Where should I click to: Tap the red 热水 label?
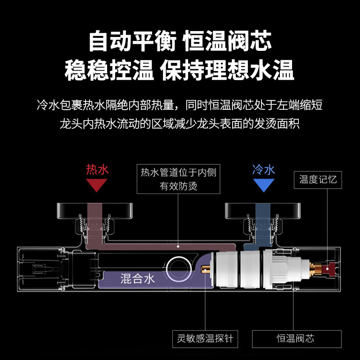pyautogui.click(x=97, y=170)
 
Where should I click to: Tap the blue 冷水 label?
pyautogui.click(x=263, y=170)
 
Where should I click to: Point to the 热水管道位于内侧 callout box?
pyautogui.click(x=178, y=179)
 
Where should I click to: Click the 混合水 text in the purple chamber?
pyautogui.click(x=137, y=279)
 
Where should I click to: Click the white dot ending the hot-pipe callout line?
pyautogui.click(x=179, y=247)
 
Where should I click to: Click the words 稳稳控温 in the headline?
pyautogui.click(x=109, y=71)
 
